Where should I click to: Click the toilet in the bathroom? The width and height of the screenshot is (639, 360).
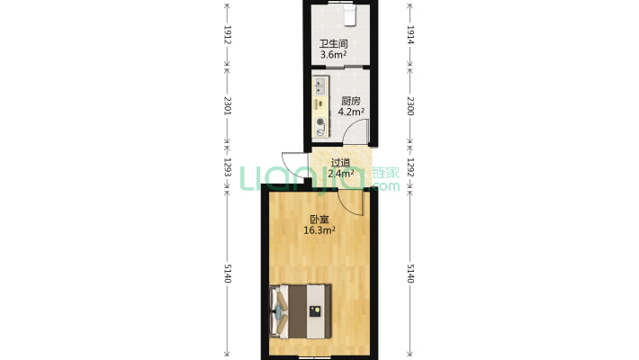(x=350, y=15)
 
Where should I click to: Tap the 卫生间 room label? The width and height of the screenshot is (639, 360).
(x=333, y=43)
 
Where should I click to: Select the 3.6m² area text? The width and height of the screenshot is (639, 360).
(x=333, y=54)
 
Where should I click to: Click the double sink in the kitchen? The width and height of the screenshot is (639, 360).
(x=320, y=85)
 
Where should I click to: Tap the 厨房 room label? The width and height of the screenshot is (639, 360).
(x=350, y=101)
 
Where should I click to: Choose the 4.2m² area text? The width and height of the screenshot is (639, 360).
(x=351, y=112)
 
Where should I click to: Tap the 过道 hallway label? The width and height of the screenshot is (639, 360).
(x=340, y=163)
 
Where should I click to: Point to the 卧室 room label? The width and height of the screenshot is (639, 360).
(x=319, y=220)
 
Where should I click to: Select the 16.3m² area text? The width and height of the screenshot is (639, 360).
(x=319, y=230)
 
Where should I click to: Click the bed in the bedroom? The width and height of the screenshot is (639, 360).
(x=301, y=311)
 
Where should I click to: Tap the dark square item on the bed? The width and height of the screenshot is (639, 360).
(x=315, y=311)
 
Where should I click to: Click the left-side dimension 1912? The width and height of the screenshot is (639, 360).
(x=228, y=35)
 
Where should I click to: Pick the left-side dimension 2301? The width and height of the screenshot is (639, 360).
(x=228, y=105)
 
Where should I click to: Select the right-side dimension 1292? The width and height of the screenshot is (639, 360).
(x=410, y=167)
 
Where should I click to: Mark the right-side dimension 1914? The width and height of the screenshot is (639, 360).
(x=410, y=35)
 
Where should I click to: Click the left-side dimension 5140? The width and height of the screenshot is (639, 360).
(x=228, y=274)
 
